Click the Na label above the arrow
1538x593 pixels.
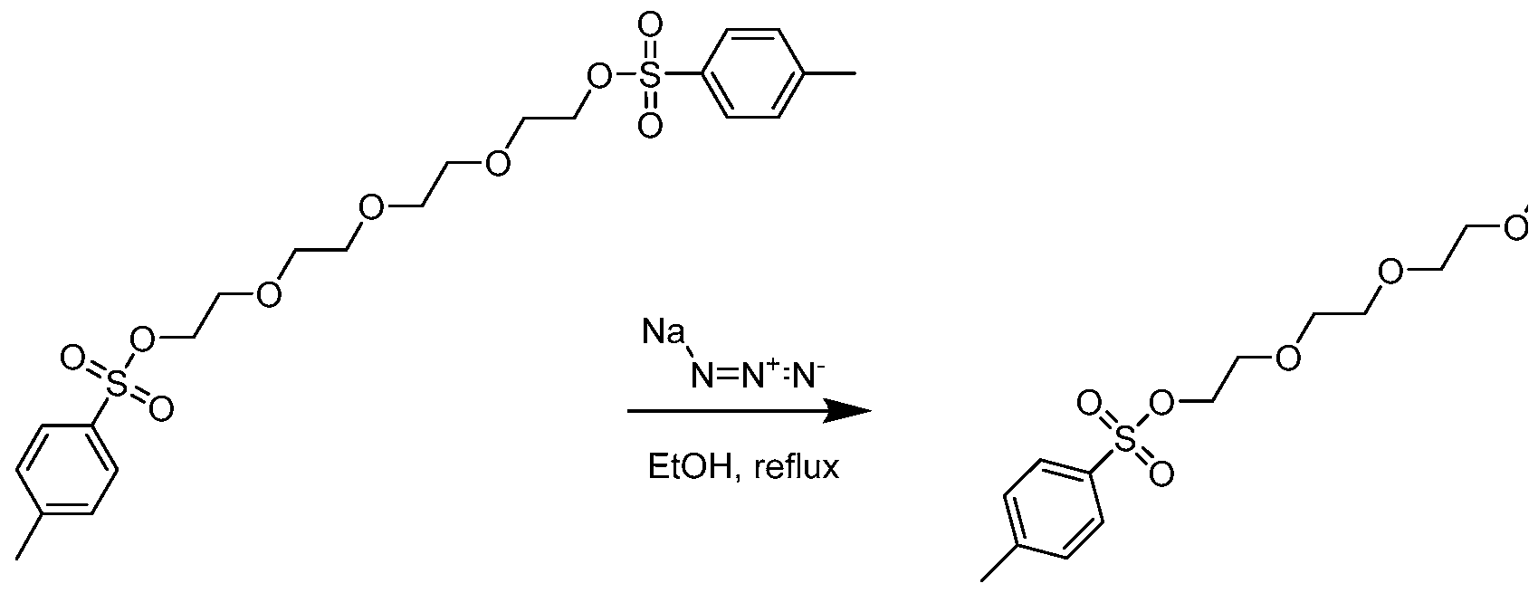[664, 333]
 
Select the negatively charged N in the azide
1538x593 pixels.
[806, 376]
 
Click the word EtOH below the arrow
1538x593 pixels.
[693, 467]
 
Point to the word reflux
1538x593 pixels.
[797, 467]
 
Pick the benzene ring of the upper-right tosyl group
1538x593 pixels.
[753, 73]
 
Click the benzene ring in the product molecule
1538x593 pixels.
[1054, 509]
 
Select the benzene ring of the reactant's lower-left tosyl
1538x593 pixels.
[67, 470]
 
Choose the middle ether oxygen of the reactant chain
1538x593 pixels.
[371, 208]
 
